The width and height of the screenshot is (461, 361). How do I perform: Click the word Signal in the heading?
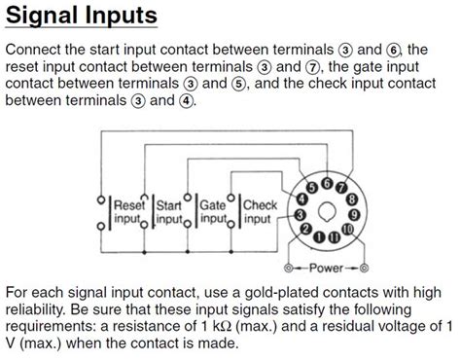49,17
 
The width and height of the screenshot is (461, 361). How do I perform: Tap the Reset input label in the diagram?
129,212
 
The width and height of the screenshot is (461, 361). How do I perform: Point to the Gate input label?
213,212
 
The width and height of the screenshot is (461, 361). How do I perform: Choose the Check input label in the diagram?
260,212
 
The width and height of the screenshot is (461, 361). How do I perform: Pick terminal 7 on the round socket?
342,184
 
